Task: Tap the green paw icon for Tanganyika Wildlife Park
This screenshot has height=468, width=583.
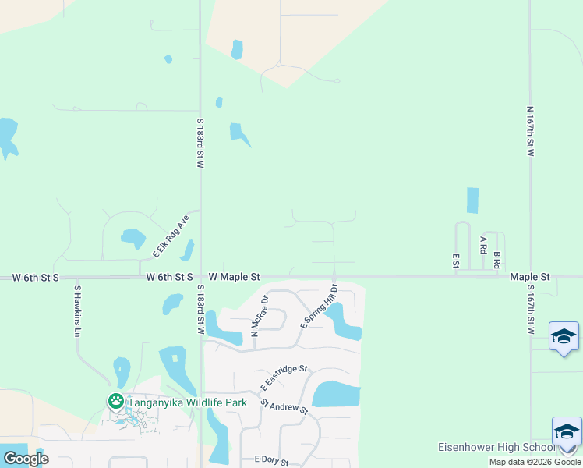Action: [x=115, y=401]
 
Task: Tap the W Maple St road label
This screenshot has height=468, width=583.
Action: [x=234, y=277]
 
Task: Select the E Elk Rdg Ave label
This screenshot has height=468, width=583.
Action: [x=171, y=236]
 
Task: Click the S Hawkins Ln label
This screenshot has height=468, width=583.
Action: [x=77, y=310]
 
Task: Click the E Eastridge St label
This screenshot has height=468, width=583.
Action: [x=284, y=378]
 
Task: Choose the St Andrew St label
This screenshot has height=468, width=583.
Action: [x=284, y=406]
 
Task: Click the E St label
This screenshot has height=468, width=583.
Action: [x=455, y=261]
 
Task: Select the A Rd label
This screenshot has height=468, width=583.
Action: [x=483, y=245]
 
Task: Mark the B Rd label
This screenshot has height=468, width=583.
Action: [x=496, y=260]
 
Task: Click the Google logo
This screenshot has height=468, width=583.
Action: [x=26, y=459]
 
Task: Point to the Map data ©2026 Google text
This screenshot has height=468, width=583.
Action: [x=535, y=462]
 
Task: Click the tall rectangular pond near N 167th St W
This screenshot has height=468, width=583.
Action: [x=472, y=200]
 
